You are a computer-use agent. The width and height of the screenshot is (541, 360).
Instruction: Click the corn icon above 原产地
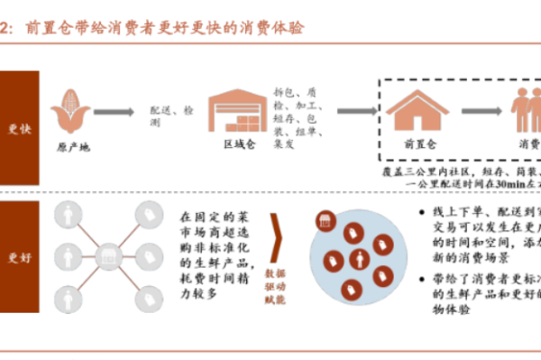click(69, 111)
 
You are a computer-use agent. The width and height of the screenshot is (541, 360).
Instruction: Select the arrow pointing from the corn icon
click(114, 112)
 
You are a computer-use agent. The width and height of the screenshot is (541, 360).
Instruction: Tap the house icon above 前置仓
click(417, 111)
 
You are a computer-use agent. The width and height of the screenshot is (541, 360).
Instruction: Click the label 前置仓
click(417, 145)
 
